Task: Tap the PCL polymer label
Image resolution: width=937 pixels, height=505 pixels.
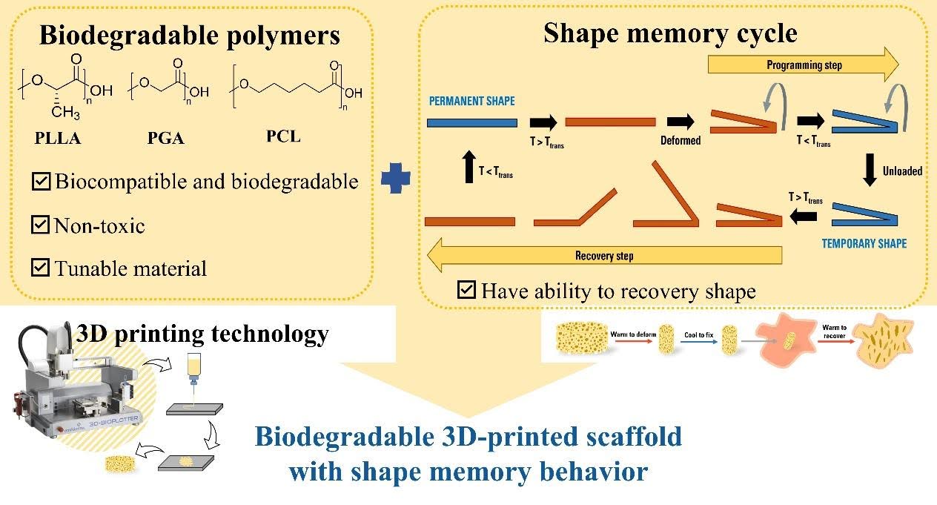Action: pyautogui.click(x=284, y=136)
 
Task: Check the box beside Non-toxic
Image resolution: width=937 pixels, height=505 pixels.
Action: pyautogui.click(x=41, y=225)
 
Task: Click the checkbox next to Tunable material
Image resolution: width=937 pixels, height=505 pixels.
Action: pyautogui.click(x=41, y=268)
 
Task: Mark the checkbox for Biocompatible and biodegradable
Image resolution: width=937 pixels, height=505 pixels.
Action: pyautogui.click(x=41, y=182)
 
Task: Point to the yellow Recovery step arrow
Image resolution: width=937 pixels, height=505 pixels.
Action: pyautogui.click(x=603, y=256)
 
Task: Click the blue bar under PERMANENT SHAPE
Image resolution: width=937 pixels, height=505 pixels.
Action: pyautogui.click(x=471, y=122)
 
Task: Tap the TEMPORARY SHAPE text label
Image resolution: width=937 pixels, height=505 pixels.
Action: pyautogui.click(x=864, y=243)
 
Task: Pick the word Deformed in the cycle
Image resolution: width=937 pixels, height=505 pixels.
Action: pyautogui.click(x=681, y=140)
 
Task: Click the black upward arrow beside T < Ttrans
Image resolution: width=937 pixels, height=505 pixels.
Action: pyautogui.click(x=467, y=167)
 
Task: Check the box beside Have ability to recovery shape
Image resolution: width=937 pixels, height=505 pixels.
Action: pyautogui.click(x=466, y=290)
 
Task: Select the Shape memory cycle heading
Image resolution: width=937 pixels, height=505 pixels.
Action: pyautogui.click(x=670, y=33)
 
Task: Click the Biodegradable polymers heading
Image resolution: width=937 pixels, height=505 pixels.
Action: pyautogui.click(x=189, y=35)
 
